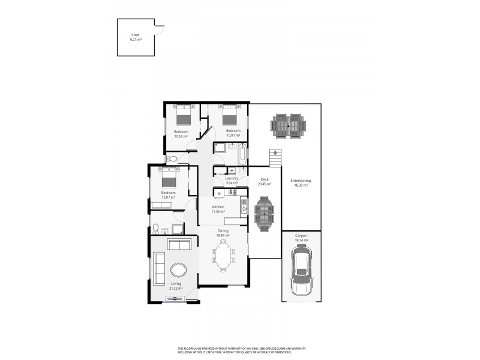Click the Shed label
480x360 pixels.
pos(135,35)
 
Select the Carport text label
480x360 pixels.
pos(301,236)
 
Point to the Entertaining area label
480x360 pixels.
pos(299,181)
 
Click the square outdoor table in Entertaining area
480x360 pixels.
pos(288,126)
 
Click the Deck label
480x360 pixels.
pos(264,179)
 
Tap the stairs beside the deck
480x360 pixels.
pos(275,159)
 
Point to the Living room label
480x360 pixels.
pos(176,284)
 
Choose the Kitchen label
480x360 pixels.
pos(218,207)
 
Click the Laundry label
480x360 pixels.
pos(232,178)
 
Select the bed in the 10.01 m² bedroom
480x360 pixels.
pos(233,114)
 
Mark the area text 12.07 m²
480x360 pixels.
pos(168,197)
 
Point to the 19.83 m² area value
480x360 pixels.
pos(223,236)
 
